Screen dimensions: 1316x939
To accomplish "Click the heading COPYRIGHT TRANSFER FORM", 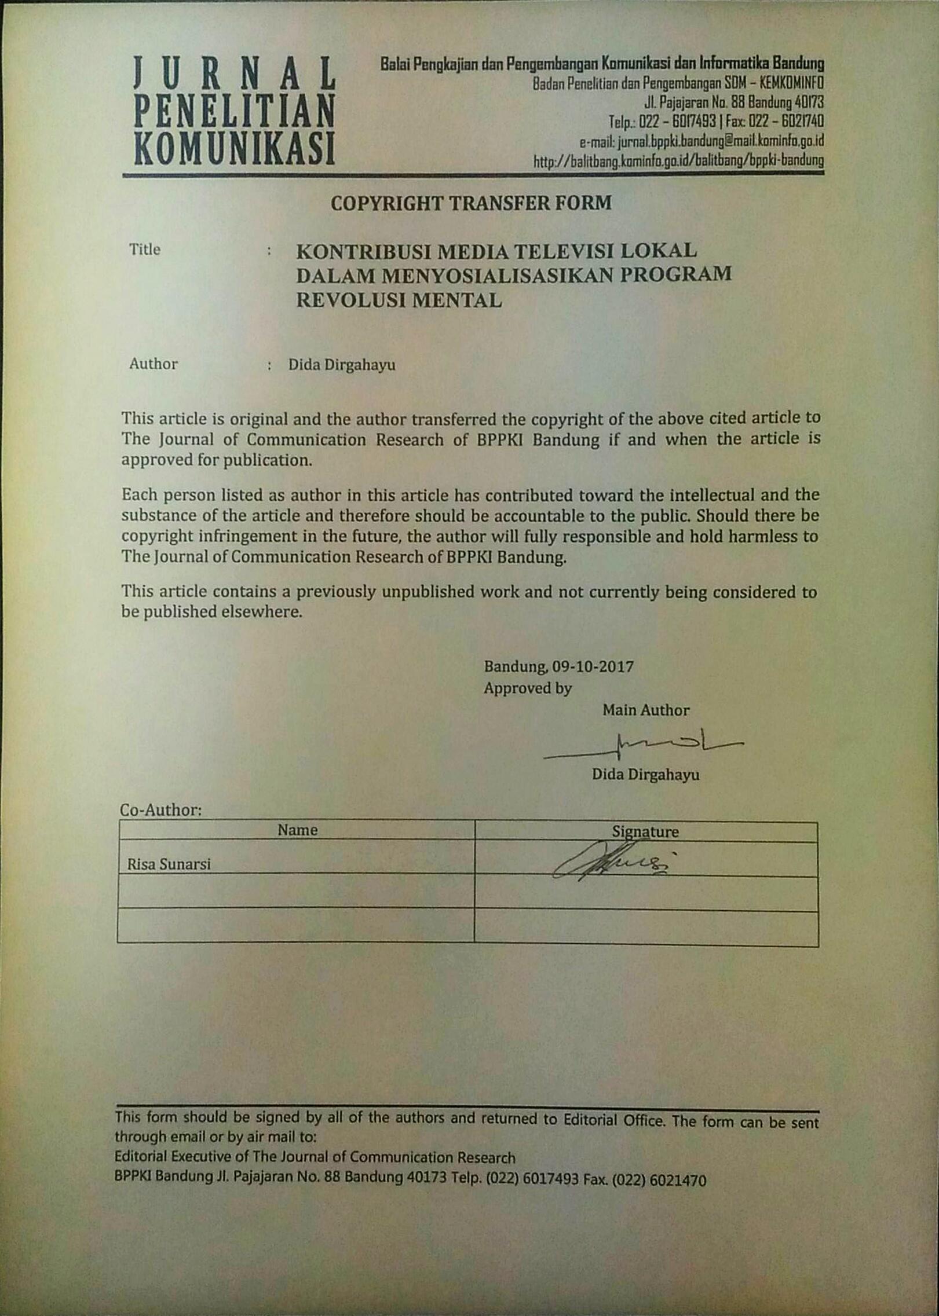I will pyautogui.click(x=471, y=203).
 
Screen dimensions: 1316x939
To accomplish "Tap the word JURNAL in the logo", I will pyautogui.click(x=235, y=74).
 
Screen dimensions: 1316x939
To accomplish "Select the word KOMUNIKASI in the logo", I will pyautogui.click(x=235, y=148).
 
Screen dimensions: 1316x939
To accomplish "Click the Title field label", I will pyautogui.click(x=145, y=250).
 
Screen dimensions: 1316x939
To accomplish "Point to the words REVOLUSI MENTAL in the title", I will pyautogui.click(x=399, y=300).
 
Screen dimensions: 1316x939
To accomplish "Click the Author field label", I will pyautogui.click(x=153, y=364).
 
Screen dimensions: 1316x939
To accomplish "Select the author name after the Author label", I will pyautogui.click(x=342, y=365).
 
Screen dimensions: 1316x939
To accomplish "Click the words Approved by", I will pyautogui.click(x=528, y=688).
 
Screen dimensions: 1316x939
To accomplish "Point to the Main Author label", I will pyautogui.click(x=646, y=710).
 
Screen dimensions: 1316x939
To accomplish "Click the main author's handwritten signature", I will pyautogui.click(x=643, y=746).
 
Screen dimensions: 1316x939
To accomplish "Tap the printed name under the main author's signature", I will pyautogui.click(x=645, y=775).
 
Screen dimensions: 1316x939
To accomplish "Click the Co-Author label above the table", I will pyautogui.click(x=160, y=810).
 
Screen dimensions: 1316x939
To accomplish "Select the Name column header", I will pyautogui.click(x=297, y=830).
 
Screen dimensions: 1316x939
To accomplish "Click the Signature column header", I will pyautogui.click(x=645, y=832).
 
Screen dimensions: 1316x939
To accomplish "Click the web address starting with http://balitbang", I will pyautogui.click(x=678, y=160).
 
